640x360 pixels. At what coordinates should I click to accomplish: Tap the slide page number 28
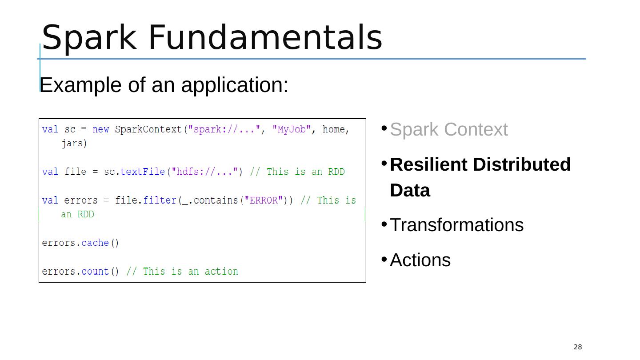577,347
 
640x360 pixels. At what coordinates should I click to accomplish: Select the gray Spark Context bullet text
448,130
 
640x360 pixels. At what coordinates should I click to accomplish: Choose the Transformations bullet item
456,225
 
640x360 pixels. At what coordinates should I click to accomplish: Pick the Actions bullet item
420,260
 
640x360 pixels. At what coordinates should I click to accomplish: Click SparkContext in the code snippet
148,129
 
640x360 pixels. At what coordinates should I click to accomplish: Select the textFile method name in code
143,172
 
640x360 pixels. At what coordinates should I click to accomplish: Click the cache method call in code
95,243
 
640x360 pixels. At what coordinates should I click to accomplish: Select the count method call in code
95,271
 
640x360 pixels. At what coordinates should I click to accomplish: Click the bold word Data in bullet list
410,191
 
